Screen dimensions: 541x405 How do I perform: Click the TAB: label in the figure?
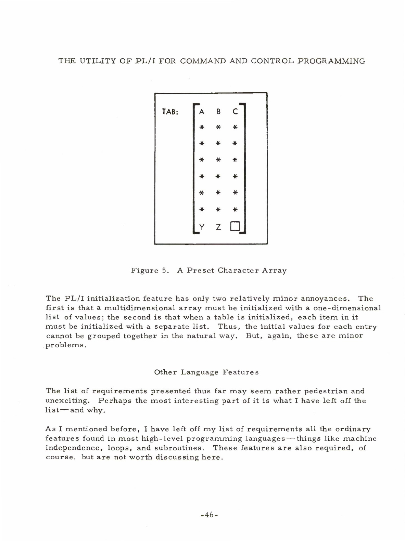click(x=170, y=111)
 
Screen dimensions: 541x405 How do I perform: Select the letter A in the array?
click(x=202, y=111)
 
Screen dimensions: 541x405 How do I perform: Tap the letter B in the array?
click(x=218, y=111)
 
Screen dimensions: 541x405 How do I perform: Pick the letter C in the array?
click(x=235, y=111)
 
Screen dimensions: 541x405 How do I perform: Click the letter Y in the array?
click(x=202, y=227)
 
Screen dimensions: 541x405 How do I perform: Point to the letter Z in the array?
click(x=218, y=227)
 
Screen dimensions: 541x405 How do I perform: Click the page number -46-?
click(x=209, y=514)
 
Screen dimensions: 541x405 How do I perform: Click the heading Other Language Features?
click(x=206, y=372)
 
